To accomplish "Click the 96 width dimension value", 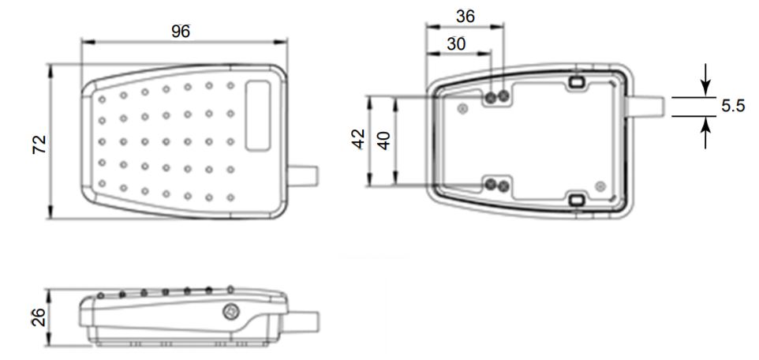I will [x=184, y=31].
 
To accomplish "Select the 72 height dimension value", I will [x=40, y=143].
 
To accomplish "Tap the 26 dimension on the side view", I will [x=37, y=317].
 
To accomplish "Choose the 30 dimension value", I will [x=457, y=44].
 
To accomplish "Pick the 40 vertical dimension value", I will [x=383, y=141].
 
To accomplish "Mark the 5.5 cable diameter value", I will [x=733, y=107].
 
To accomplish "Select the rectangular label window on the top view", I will [x=259, y=115].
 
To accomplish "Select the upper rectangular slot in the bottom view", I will [x=576, y=82].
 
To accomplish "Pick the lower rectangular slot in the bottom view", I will [x=576, y=201].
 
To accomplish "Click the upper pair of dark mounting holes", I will [x=496, y=97].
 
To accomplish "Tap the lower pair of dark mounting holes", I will [x=496, y=186].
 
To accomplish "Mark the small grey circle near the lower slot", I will [x=601, y=186].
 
